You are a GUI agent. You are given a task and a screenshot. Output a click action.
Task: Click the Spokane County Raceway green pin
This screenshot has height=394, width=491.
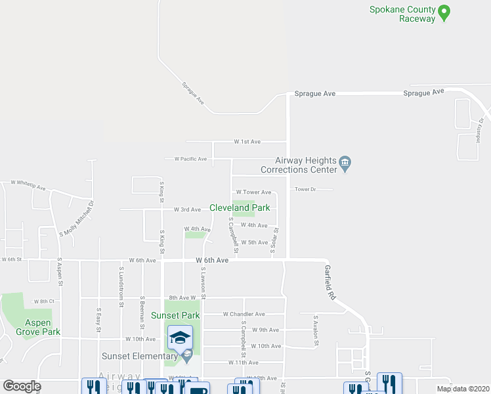[x=444, y=12]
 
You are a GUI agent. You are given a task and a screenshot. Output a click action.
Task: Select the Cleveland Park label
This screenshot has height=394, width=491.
[x=240, y=208]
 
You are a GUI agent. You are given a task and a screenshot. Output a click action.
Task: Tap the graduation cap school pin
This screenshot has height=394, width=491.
[x=180, y=338]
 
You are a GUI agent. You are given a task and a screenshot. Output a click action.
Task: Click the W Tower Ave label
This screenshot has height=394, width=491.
[x=253, y=192]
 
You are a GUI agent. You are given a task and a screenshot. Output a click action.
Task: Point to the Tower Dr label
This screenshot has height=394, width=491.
[x=305, y=189]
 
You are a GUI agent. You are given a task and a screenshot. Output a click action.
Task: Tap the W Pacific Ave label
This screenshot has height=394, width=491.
[x=190, y=159]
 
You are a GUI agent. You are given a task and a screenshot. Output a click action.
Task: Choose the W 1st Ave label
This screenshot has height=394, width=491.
[x=247, y=141]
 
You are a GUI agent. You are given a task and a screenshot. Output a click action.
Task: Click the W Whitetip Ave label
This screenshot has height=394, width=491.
[x=28, y=186]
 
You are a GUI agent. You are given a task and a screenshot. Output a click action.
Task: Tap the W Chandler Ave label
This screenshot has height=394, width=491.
[x=244, y=314]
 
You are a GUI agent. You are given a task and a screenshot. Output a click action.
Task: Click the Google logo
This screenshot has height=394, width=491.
[x=22, y=386]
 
